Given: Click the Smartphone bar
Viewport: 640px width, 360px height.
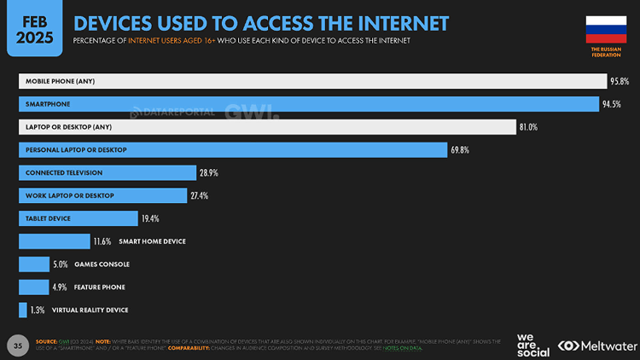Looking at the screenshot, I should (x=308, y=104).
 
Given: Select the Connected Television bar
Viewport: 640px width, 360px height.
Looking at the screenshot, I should (x=107, y=172).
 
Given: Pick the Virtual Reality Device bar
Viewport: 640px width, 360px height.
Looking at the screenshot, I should (x=22, y=310).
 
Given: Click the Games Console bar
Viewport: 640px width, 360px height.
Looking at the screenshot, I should (x=34, y=264).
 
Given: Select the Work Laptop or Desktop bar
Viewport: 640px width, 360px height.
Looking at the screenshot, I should (x=102, y=195).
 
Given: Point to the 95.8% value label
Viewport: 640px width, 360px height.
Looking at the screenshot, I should (x=619, y=81).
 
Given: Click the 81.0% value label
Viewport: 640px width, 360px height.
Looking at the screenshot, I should (x=528, y=127).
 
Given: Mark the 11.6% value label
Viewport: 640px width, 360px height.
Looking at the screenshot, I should (x=102, y=241).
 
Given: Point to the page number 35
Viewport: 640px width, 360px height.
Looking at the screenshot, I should (x=17, y=345).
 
